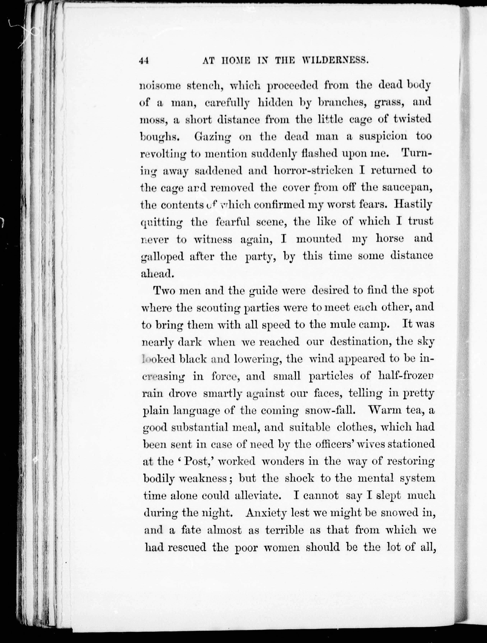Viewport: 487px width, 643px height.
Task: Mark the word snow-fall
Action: pos(331,411)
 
